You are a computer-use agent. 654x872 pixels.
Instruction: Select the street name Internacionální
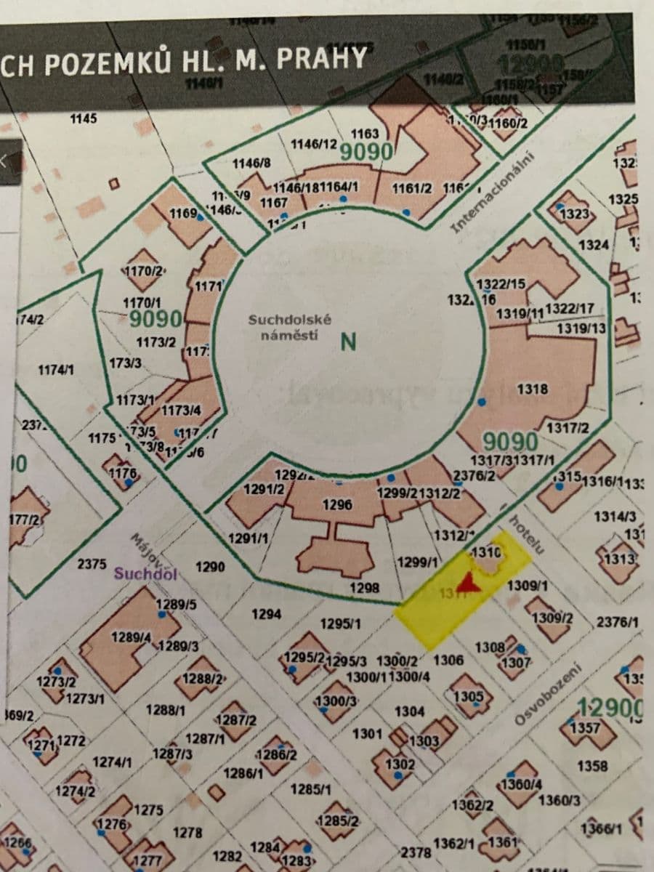coord(493,193)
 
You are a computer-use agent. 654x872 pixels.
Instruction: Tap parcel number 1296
coord(338,504)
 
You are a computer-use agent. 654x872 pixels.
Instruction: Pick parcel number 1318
coord(532,389)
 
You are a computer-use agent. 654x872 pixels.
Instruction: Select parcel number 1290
coord(210,567)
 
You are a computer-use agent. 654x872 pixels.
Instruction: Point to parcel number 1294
coord(266,615)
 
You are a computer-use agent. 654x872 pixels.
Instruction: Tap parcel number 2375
coord(92,563)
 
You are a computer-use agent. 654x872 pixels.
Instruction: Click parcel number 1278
coord(187,832)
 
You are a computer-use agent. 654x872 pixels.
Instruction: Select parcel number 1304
coord(410,711)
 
